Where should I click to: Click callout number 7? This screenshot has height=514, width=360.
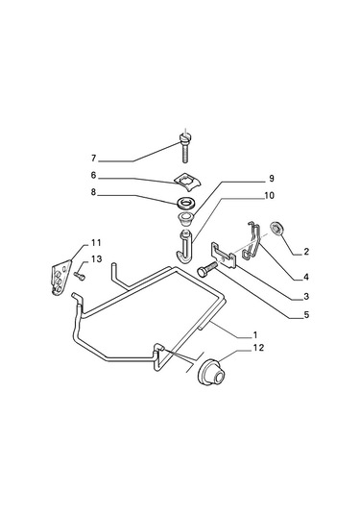click(x=94, y=159)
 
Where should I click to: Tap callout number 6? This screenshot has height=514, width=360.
click(x=94, y=176)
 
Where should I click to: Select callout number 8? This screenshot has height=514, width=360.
click(x=94, y=192)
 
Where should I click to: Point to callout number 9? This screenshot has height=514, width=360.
click(x=272, y=179)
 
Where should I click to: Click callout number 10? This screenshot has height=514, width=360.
click(x=269, y=196)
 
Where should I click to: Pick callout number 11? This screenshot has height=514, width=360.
click(x=96, y=243)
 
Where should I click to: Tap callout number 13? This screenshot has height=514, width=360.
click(x=97, y=259)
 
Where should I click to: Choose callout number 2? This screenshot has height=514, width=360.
click(x=306, y=252)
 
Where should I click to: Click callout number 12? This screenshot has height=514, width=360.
click(x=258, y=348)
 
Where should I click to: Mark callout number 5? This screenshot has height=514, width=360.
click(x=306, y=315)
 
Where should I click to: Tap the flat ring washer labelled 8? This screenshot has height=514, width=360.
click(x=187, y=203)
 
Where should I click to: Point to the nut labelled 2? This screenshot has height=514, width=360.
click(x=276, y=228)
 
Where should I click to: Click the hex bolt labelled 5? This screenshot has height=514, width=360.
click(x=207, y=268)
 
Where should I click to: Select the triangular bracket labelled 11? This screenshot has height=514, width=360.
click(x=61, y=278)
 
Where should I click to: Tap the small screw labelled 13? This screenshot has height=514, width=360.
click(x=80, y=276)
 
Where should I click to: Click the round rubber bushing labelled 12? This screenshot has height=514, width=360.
click(x=212, y=373)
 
